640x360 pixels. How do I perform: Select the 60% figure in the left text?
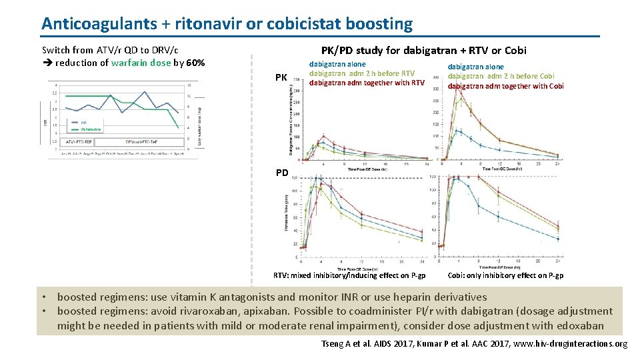click(195, 63)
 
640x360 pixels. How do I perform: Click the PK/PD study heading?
click(423, 50)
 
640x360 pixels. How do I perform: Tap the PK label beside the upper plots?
click(281, 78)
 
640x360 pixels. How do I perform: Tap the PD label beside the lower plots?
click(282, 173)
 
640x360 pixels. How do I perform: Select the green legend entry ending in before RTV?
click(362, 73)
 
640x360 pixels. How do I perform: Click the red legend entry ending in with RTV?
click(367, 83)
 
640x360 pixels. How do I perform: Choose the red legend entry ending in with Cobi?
click(505, 86)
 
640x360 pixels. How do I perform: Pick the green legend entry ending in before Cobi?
click(501, 76)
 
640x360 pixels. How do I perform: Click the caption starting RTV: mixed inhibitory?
click(349, 275)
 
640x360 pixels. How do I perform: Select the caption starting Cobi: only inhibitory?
click(505, 275)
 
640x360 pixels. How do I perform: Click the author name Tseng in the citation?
click(331, 343)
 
